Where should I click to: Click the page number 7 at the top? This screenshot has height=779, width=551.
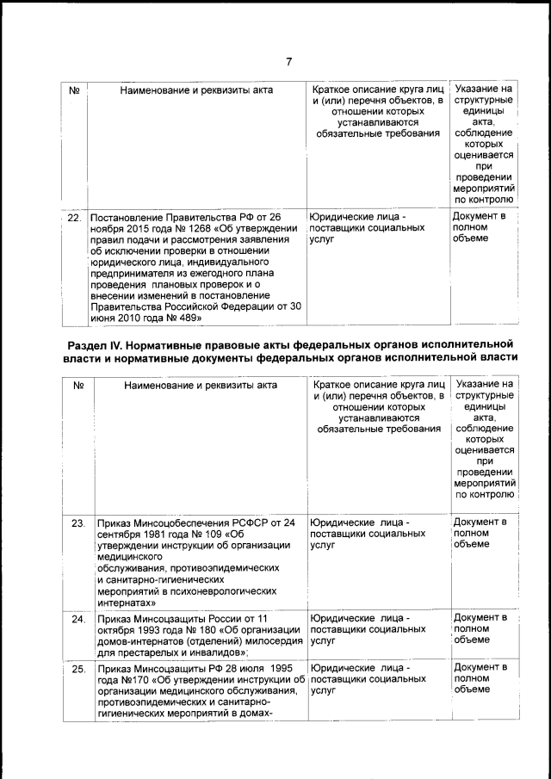pos(289,61)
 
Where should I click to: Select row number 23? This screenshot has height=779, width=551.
pos(77,522)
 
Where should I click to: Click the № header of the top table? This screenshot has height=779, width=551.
pos(74,90)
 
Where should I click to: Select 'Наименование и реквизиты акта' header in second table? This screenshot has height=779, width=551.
pos(200,385)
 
